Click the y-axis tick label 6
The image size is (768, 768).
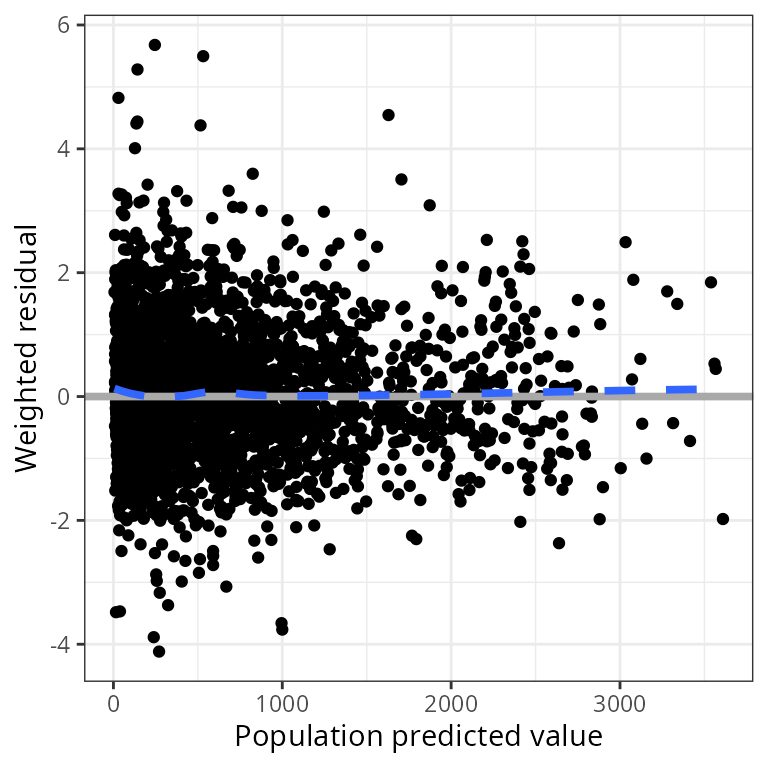click(63, 25)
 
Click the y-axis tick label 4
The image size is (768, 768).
click(63, 149)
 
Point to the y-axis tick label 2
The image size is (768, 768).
click(63, 273)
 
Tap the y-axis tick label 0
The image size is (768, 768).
click(63, 397)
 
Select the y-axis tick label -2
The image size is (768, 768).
click(59, 521)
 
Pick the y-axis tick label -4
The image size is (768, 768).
click(59, 644)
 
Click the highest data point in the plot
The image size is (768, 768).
click(155, 45)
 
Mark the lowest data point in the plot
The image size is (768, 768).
click(159, 651)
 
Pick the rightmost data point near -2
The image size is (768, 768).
click(723, 518)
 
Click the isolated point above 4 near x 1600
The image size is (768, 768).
click(388, 115)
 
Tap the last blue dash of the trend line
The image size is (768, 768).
click(680, 390)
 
